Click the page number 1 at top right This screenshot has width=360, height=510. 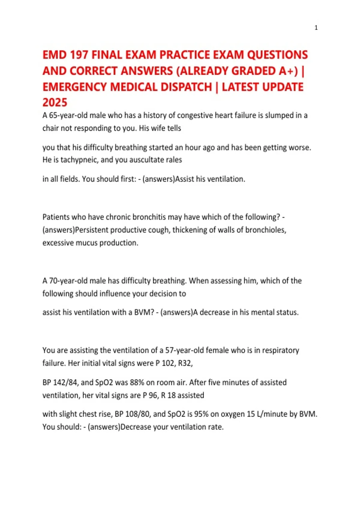(x=316, y=28)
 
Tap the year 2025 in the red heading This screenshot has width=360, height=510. (x=55, y=103)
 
